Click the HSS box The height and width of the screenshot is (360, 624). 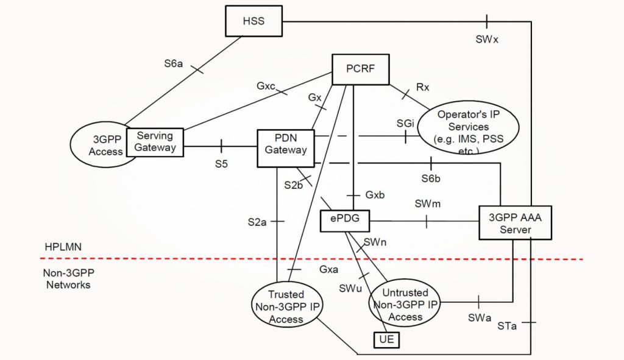coord(253,21)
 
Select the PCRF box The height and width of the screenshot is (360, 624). coord(360,69)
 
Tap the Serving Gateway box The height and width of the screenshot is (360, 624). coord(155,142)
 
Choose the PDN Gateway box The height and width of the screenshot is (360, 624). coord(286,148)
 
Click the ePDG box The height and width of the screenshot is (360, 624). coord(346,221)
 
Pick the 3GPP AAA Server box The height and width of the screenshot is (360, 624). coord(515,223)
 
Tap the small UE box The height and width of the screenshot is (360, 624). coord(386,339)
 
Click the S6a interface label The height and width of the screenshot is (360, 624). coord(173,63)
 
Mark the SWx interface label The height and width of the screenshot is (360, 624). coord(487,40)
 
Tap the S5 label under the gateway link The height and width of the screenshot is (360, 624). coord(221,164)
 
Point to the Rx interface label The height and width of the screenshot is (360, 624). coord(423,87)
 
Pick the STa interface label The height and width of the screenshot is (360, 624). coord(507,327)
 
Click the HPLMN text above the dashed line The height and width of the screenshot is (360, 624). coord(63,248)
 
